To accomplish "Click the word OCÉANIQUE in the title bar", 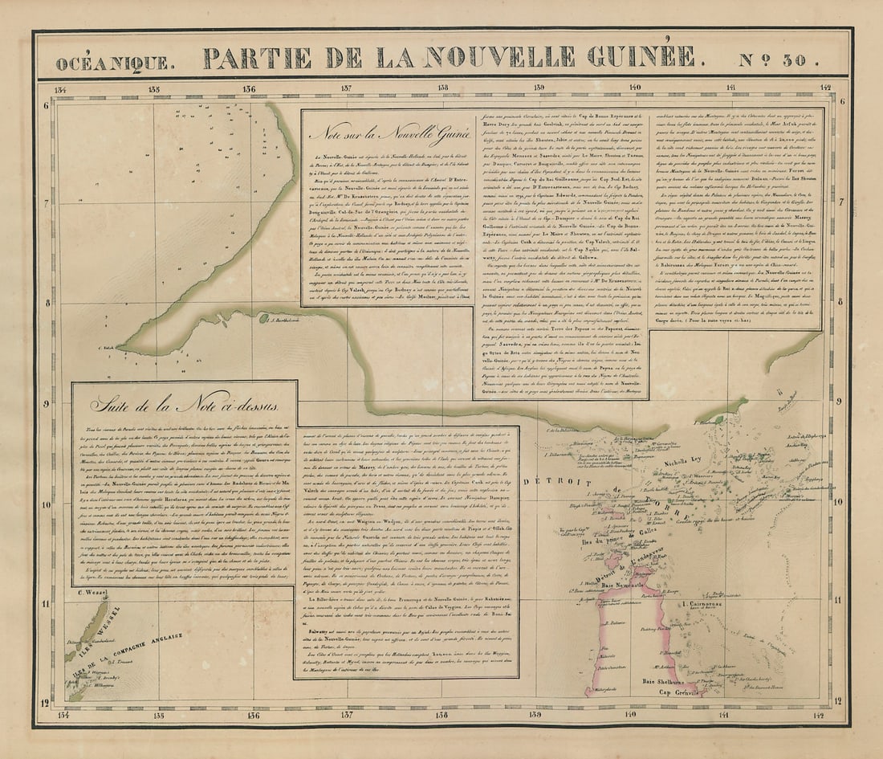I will [x=112, y=62].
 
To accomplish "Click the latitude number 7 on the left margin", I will [x=47, y=203].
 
